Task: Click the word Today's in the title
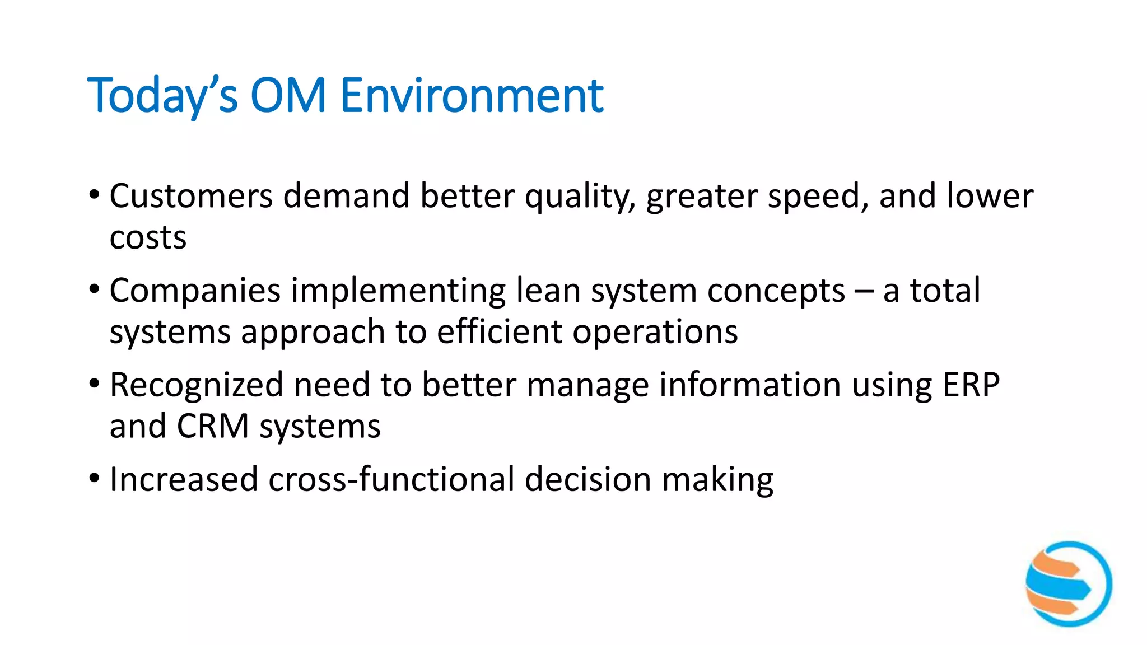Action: pos(162,96)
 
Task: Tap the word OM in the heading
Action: pos(288,96)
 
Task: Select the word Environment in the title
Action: pos(472,96)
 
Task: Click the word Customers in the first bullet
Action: pos(191,197)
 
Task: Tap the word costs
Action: pos(148,238)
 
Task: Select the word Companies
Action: pos(195,291)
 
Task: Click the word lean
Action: pos(548,291)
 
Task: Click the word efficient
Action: pos(500,332)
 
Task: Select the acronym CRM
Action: pos(213,427)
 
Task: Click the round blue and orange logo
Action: pos(1069,583)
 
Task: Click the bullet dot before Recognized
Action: pos(94,384)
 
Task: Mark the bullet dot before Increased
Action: pos(94,479)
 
